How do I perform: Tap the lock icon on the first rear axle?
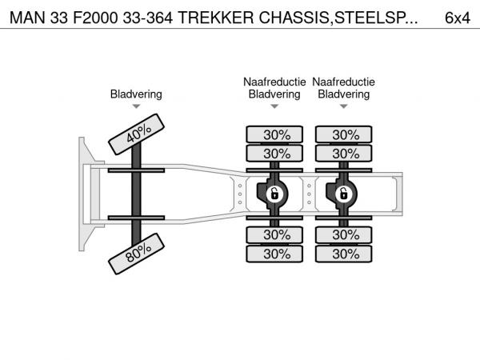274,193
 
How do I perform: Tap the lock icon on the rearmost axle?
343,193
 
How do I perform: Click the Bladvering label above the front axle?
136,94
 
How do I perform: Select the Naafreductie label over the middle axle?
274,82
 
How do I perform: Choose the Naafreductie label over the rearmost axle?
344,82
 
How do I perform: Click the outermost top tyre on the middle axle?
274,134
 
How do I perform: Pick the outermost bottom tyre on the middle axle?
274,254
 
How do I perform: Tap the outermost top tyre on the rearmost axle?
344,134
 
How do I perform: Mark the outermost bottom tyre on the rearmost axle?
344,254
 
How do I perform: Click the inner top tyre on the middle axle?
274,153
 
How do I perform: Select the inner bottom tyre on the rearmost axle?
344,235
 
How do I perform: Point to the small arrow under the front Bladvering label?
136,106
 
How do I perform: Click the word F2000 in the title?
90,17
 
